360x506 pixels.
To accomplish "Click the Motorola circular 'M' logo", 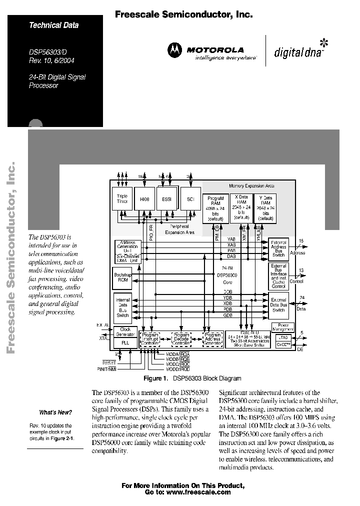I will point(175,49).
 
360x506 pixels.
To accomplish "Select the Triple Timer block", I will point(122,199).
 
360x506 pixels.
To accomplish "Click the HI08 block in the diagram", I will point(145,199).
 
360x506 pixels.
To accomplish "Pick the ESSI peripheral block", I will point(166,199).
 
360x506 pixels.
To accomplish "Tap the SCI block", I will point(190,199).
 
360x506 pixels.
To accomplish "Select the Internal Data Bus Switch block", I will point(123,307).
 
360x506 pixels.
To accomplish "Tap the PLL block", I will point(125,343).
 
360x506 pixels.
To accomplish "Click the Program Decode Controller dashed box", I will point(181,338).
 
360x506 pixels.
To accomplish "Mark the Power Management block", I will point(282,327).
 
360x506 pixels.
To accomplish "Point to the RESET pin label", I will point(108,362).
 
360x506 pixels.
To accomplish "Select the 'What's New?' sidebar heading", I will point(55,412).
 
